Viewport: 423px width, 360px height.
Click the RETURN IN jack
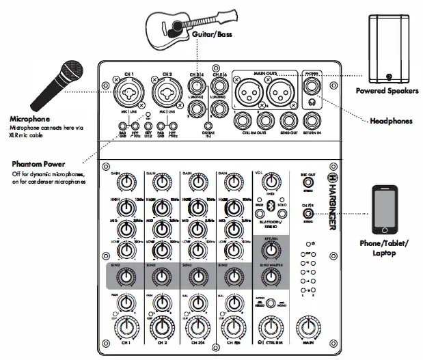tap(312, 120)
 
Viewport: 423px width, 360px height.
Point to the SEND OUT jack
tap(279, 120)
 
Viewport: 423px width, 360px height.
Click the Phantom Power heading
tap(39, 165)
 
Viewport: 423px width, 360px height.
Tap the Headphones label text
tap(392, 121)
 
